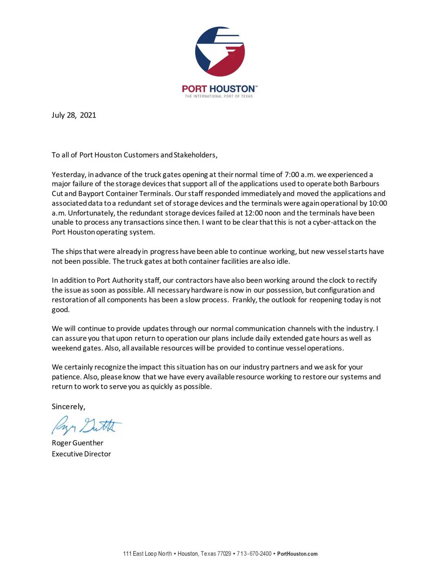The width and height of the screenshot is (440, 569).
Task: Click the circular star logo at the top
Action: [x=220, y=51]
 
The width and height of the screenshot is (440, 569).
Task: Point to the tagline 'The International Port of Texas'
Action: [x=219, y=96]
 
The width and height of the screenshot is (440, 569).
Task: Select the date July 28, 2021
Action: [x=74, y=115]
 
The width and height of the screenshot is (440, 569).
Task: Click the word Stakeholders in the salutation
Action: [x=195, y=155]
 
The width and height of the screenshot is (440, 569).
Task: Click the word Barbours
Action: [x=364, y=184]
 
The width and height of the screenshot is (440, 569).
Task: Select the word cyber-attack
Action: [x=333, y=222]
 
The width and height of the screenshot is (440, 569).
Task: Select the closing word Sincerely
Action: [x=68, y=407]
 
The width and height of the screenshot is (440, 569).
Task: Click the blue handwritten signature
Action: [x=86, y=425]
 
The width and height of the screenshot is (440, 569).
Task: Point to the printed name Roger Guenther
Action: [x=77, y=443]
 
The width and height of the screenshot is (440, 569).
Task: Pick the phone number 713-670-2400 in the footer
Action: [x=254, y=554]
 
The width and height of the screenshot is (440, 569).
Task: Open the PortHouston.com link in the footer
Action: [x=297, y=554]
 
